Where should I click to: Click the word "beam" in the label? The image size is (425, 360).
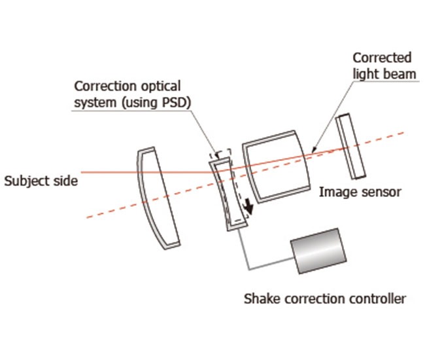point(401,73)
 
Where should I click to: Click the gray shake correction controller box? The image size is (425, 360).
point(316,251)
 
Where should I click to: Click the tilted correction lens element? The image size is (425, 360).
point(226,193)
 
